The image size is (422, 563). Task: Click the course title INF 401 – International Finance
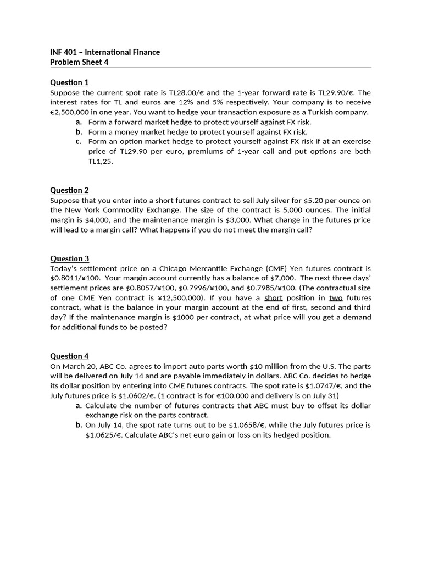[105, 52]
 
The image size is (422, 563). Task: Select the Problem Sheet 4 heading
[80, 62]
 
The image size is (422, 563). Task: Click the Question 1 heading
[69, 82]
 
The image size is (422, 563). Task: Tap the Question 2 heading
[69, 190]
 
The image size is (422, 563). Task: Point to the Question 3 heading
[69, 258]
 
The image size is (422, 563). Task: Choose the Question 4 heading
[69, 356]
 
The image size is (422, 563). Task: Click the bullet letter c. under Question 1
[79, 141]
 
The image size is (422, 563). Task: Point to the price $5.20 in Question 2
[297, 200]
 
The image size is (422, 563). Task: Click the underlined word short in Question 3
[273, 297]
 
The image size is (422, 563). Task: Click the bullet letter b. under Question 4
[79, 425]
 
